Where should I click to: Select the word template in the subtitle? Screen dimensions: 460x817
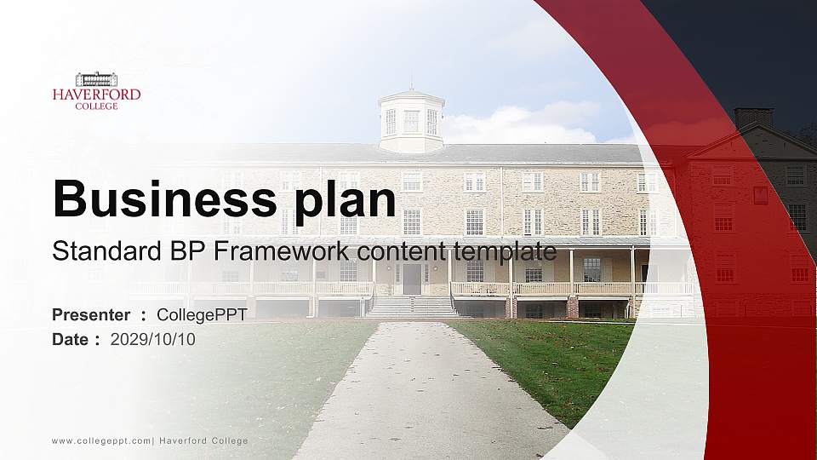pyautogui.click(x=506, y=251)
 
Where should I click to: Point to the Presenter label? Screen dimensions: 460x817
pyautogui.click(x=91, y=315)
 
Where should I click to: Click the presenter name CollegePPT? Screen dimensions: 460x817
pyautogui.click(x=202, y=315)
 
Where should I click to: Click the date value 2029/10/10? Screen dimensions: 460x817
pyautogui.click(x=152, y=339)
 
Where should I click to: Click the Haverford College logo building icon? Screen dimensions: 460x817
pyautogui.click(x=96, y=79)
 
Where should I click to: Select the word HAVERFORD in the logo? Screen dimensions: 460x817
pyautogui.click(x=96, y=95)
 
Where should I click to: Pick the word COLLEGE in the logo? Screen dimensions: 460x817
pyautogui.click(x=96, y=106)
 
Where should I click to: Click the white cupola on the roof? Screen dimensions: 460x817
pyautogui.click(x=411, y=121)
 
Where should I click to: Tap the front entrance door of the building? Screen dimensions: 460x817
pyautogui.click(x=412, y=279)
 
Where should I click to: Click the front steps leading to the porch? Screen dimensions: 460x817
pyautogui.click(x=412, y=307)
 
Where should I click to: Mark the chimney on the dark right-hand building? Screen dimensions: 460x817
pyautogui.click(x=753, y=118)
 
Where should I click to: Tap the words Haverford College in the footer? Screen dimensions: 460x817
pyautogui.click(x=203, y=440)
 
